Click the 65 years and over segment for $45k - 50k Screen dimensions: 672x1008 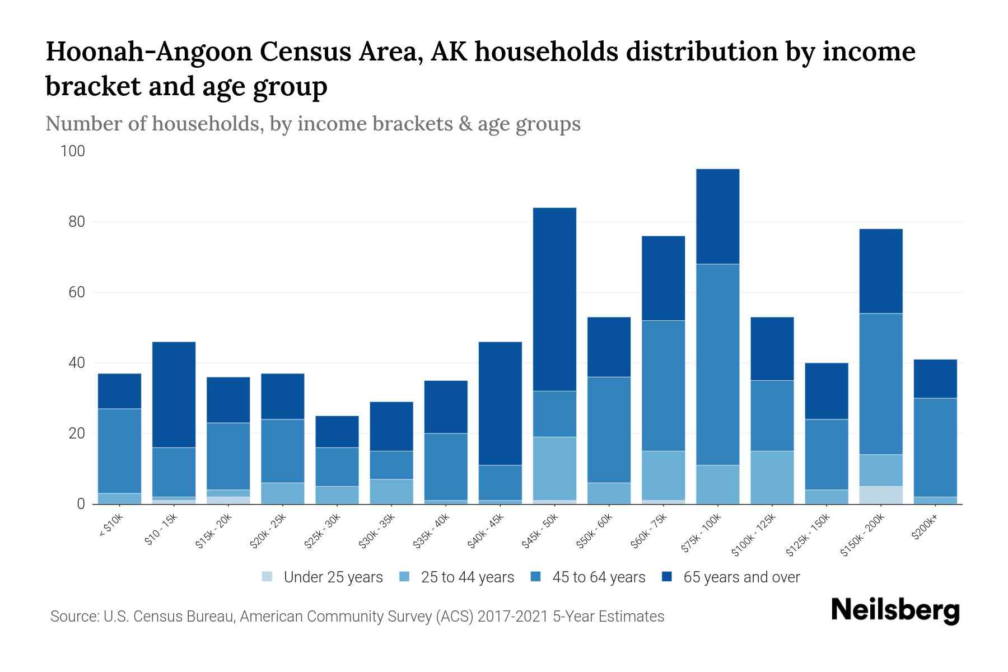pyautogui.click(x=554, y=299)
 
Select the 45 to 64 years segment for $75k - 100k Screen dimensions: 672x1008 pyautogui.click(x=717, y=364)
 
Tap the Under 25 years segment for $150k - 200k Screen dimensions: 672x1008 pyautogui.click(x=881, y=495)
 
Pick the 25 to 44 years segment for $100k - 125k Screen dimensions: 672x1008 pyautogui.click(x=772, y=477)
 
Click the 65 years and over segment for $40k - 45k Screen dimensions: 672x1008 pyautogui.click(x=500, y=403)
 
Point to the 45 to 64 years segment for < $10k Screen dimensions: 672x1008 pyautogui.click(x=119, y=451)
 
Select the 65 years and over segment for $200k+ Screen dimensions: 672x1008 pyautogui.click(x=935, y=379)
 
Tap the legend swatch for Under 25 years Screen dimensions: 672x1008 pyautogui.click(x=268, y=577)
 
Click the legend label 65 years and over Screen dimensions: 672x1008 pyautogui.click(x=741, y=577)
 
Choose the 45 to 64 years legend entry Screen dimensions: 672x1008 pyautogui.click(x=599, y=577)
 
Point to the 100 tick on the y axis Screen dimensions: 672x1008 pyautogui.click(x=73, y=151)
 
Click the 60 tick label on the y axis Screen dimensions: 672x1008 pyautogui.click(x=76, y=292)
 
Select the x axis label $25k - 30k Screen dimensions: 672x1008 pyautogui.click(x=322, y=530)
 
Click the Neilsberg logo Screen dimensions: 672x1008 pyautogui.click(x=895, y=610)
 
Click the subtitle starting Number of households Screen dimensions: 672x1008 pyautogui.click(x=312, y=123)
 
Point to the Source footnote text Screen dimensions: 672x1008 pyautogui.click(x=357, y=617)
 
